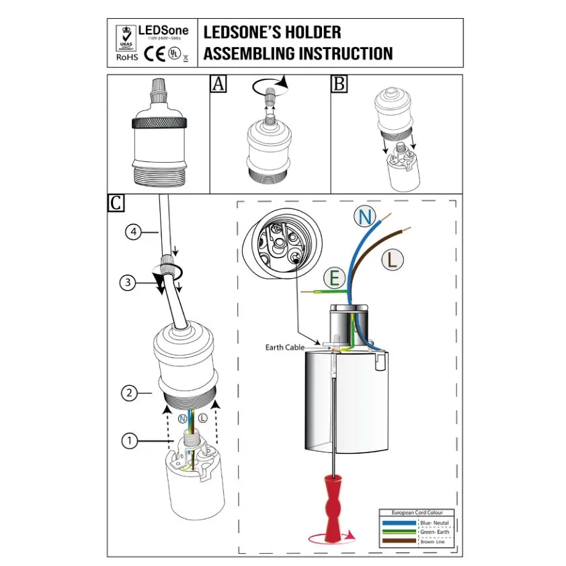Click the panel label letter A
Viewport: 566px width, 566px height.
[218, 83]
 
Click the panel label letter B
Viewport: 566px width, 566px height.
[340, 83]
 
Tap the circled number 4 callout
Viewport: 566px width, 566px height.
[133, 233]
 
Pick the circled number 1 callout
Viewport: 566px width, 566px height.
[129, 441]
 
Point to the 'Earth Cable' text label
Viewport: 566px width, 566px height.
[285, 348]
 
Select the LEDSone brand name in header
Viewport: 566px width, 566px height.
[163, 30]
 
